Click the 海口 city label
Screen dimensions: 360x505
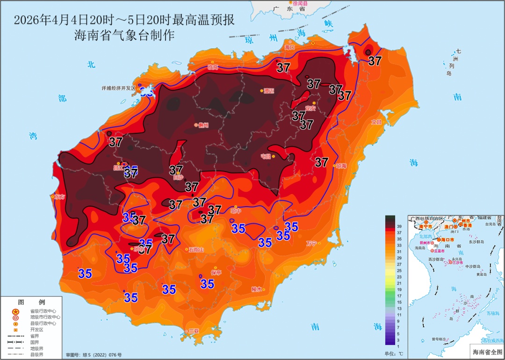tap(290, 47)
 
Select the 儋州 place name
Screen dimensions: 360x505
tap(203, 125)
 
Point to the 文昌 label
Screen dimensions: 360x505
tap(376, 122)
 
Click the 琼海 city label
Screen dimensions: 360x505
tap(341, 166)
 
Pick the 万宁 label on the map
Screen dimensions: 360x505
tap(311, 243)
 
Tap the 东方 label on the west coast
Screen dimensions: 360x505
tap(59, 197)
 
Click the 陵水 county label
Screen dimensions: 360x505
tap(257, 289)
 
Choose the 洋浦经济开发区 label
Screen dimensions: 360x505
tap(118, 88)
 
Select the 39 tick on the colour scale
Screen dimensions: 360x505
tap(399, 226)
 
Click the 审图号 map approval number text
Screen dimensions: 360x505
tap(94, 355)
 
